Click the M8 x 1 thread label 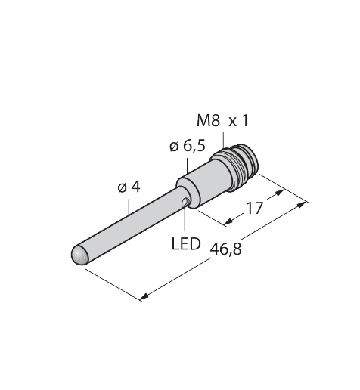pyautogui.click(x=222, y=121)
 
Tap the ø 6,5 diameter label pyautogui.click(x=188, y=147)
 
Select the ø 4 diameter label pyautogui.click(x=129, y=187)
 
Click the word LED pyautogui.click(x=186, y=243)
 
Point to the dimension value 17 pyautogui.click(x=255, y=208)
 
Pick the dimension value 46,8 pyautogui.click(x=226, y=249)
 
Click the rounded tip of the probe pyautogui.click(x=79, y=255)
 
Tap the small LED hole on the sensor pyautogui.click(x=185, y=203)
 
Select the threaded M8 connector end pyautogui.click(x=234, y=167)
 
